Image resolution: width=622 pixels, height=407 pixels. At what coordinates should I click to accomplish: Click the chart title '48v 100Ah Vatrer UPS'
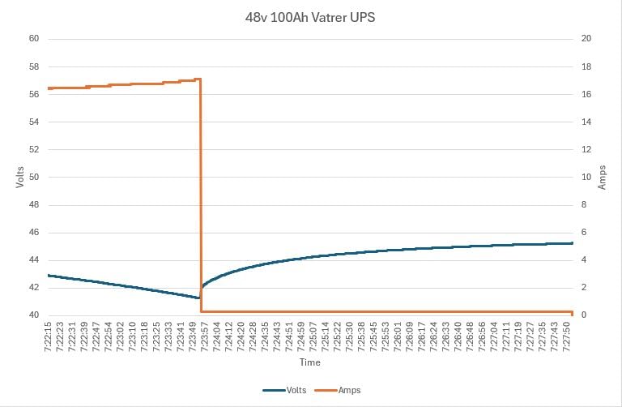coord(311,16)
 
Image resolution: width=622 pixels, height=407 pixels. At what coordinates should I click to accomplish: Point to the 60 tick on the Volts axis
coord(34,39)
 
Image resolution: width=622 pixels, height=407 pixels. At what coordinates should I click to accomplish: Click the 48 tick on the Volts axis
coord(34,204)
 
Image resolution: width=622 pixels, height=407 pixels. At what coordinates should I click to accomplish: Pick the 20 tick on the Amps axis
coord(587,39)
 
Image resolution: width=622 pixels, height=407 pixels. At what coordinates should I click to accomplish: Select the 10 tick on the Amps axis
coord(587,177)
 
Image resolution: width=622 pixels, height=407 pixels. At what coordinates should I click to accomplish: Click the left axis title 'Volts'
coord(19,177)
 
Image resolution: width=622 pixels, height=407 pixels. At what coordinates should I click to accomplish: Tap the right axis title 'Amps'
coord(602,177)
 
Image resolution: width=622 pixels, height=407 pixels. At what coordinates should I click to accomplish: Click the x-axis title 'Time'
coord(310,362)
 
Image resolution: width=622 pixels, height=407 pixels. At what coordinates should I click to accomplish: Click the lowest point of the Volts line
coord(199,298)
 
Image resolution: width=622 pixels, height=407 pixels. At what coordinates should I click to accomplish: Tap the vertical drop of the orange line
coord(200,195)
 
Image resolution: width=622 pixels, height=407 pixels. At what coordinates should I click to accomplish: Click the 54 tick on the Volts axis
coord(34,122)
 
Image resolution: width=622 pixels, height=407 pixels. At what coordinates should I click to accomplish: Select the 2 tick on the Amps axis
coord(585,288)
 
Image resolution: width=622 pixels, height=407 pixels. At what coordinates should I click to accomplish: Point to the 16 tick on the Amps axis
coord(587,94)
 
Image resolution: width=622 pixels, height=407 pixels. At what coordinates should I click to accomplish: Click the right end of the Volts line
coord(573,243)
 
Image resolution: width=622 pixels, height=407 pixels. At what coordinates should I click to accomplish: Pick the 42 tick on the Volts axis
coord(34,288)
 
